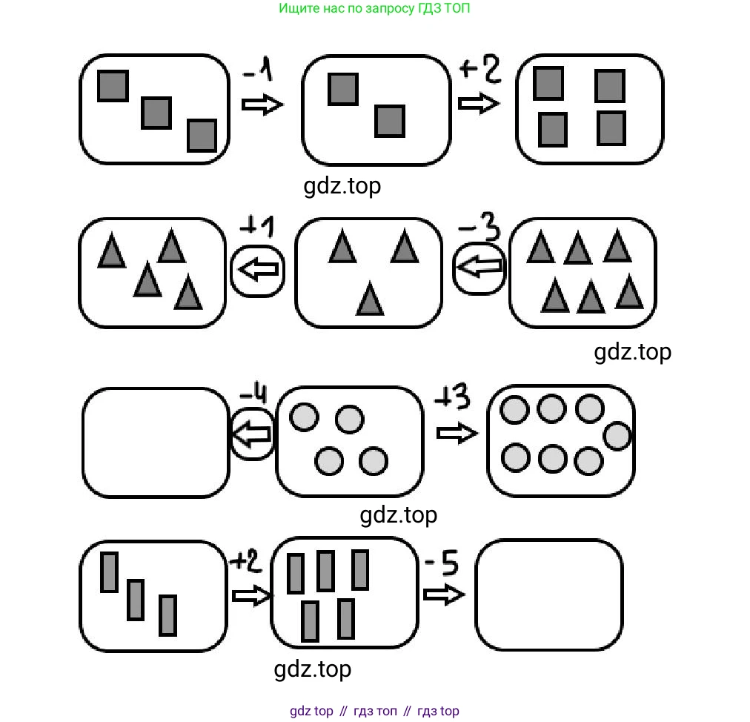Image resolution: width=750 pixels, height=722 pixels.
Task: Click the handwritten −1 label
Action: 258,70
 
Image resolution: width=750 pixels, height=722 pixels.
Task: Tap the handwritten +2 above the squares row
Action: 480,69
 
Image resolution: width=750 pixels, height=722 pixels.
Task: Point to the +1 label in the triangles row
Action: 257,226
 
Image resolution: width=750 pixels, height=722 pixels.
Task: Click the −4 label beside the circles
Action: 253,394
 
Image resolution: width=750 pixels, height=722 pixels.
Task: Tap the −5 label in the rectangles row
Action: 442,563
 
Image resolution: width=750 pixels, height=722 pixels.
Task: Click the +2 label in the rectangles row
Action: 246,560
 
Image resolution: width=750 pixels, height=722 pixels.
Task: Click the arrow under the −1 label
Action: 262,105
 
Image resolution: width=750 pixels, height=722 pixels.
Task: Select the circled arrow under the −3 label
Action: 479,268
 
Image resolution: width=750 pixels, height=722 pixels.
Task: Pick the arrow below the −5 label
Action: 444,595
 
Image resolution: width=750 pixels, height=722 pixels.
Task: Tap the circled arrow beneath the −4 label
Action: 253,434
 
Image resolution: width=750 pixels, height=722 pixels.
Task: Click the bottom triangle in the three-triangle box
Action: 370,298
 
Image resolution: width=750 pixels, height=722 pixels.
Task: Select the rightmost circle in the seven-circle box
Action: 617,437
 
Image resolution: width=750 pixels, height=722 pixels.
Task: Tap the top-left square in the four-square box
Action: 548,84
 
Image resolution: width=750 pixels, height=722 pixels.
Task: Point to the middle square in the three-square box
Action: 156,113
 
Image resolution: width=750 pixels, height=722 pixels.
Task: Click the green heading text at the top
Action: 374,8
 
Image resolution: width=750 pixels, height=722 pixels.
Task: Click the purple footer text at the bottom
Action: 374,711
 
